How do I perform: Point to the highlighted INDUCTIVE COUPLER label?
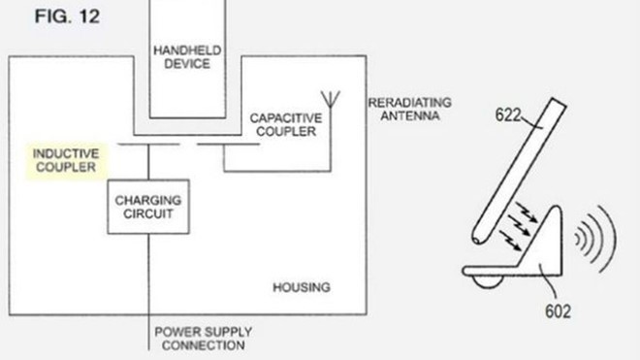(64, 161)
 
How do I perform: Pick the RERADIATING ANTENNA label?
(404, 110)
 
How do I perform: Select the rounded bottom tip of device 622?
(480, 236)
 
